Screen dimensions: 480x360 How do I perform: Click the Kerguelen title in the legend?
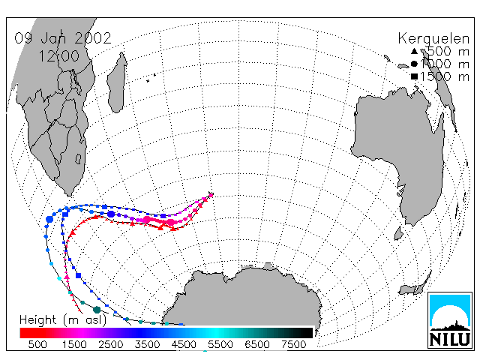(x=433, y=39)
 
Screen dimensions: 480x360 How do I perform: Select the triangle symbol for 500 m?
(x=414, y=51)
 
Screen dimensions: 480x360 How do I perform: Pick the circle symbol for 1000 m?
(x=414, y=64)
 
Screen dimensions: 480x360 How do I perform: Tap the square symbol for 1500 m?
(x=414, y=76)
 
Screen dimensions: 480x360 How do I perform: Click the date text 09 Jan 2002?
(x=63, y=38)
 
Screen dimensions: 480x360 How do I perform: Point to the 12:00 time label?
(x=59, y=56)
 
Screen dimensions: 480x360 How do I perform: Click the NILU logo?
(x=450, y=320)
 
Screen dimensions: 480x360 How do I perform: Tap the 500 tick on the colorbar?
(x=37, y=344)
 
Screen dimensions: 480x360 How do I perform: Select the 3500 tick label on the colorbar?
(x=147, y=344)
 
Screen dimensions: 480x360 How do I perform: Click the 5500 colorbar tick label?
(x=220, y=344)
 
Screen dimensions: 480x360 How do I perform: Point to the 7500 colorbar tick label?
(x=294, y=344)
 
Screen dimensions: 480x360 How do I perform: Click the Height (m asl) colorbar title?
(x=63, y=320)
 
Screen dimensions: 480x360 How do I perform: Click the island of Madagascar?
(x=117, y=82)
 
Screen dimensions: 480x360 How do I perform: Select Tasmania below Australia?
(x=398, y=233)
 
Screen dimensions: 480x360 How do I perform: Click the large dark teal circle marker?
(x=97, y=310)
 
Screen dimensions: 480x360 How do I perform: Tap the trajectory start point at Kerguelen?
(x=211, y=194)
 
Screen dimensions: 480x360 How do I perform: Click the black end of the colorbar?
(x=306, y=333)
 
